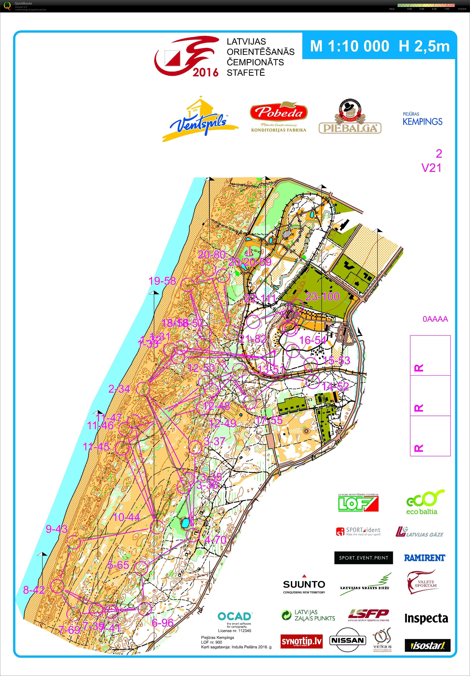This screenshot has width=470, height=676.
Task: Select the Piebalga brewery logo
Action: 350,117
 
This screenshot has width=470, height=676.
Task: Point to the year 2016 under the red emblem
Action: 205,72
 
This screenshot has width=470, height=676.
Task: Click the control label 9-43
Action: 57,529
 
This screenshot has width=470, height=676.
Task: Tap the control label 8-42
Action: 34,590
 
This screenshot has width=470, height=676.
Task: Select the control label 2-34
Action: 119,389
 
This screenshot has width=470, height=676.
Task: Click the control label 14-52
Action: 335,386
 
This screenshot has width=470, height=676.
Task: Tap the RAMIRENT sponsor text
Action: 424,558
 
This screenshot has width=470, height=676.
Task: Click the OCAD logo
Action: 235,616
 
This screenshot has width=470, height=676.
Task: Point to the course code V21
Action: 431,168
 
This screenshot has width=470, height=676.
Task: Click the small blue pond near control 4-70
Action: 185,523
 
